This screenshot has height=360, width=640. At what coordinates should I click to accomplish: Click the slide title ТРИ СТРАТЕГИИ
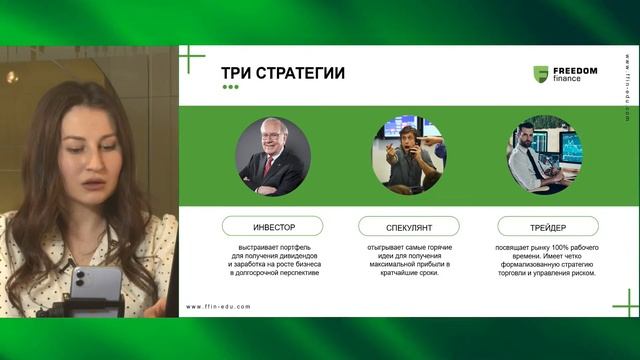[283, 73]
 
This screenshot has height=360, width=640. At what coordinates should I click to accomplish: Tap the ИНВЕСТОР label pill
[272, 226]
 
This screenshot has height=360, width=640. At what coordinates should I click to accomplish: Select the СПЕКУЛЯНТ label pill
[408, 226]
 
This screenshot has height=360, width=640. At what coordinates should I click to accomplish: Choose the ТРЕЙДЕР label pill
[547, 226]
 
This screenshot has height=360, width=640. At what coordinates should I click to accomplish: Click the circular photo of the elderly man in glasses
[272, 156]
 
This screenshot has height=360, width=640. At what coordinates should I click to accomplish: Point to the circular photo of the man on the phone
[408, 154]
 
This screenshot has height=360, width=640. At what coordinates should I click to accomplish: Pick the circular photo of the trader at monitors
[546, 154]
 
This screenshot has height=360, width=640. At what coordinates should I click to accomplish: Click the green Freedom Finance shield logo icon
[541, 74]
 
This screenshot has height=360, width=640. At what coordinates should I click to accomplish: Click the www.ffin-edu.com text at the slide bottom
[218, 307]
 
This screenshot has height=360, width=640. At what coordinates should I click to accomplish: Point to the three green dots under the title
[230, 87]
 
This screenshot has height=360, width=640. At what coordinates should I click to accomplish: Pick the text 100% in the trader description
[558, 246]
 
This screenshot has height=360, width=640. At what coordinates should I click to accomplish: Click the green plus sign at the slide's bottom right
[626, 301]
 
